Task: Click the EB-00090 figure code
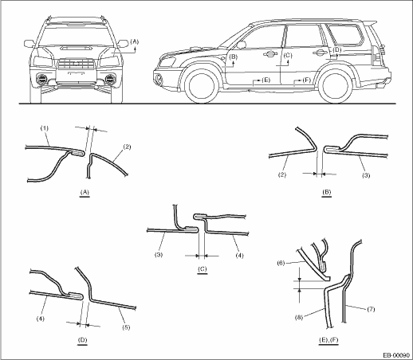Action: coord(397,355)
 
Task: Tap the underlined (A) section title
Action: coord(85,192)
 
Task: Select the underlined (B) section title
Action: coord(326,192)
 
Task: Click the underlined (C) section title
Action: coord(202,269)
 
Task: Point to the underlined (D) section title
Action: coord(82,340)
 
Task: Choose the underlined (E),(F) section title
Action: coord(328,340)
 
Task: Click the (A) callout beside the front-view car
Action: coord(135,41)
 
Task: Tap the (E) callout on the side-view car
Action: coord(265,80)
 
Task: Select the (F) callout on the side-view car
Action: coord(307,80)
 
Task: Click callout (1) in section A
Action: coord(45,128)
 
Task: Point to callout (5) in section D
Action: coord(126,327)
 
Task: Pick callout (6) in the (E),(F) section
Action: coord(281,263)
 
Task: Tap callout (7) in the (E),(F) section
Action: coord(371,309)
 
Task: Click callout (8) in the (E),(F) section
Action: coord(299,317)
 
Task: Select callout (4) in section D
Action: coord(41,319)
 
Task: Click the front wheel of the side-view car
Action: coord(199,87)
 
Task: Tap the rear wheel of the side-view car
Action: coord(334,87)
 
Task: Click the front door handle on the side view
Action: coord(269,54)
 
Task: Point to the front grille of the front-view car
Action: coord(77,64)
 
